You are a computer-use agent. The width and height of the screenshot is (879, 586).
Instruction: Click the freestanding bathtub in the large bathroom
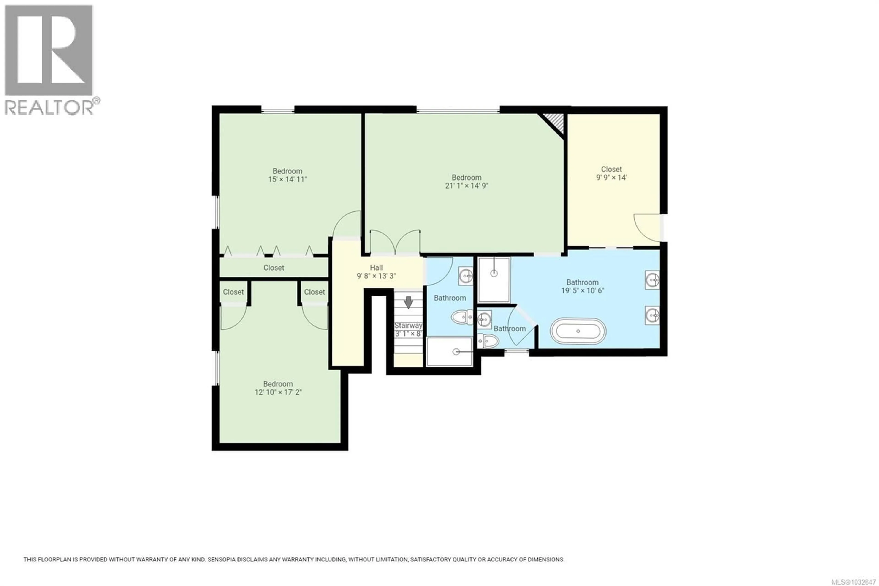tap(578, 331)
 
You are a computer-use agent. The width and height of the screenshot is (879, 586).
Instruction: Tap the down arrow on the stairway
tap(409, 302)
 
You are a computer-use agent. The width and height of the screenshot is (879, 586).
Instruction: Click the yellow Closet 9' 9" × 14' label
tap(611, 173)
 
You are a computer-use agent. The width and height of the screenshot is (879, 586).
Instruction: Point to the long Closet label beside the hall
tap(274, 268)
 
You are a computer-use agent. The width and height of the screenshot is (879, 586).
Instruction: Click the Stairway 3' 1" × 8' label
tap(409, 329)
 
